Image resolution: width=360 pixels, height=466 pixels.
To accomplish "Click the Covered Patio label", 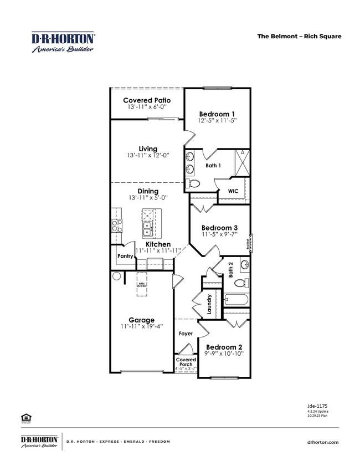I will (147, 100).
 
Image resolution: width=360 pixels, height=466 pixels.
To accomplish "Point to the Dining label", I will (148, 191).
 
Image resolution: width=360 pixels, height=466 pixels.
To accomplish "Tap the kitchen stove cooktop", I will (117, 224).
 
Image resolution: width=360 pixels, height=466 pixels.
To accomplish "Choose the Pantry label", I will (125, 256).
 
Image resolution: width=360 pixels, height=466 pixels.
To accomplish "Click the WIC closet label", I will (233, 191).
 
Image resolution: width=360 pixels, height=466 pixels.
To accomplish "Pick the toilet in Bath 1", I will (194, 183).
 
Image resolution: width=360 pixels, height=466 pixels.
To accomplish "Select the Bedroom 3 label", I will (219, 228).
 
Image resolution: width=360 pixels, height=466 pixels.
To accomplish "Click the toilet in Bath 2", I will (240, 283).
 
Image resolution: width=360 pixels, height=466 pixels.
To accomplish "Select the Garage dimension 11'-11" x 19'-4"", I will (141, 327).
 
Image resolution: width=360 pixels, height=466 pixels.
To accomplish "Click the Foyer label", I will (185, 334).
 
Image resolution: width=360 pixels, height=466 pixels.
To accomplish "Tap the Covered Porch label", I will (186, 362).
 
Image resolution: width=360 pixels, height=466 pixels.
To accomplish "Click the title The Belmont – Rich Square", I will (299, 37).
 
